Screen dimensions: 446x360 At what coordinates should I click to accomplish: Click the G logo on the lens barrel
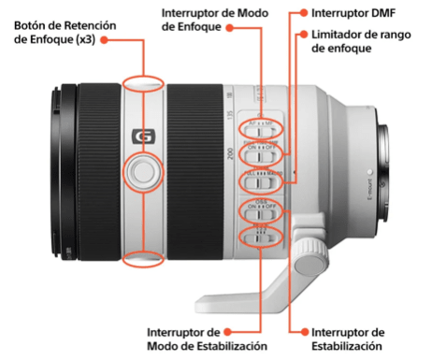[143, 136]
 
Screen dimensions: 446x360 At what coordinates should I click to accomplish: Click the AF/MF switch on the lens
[260, 125]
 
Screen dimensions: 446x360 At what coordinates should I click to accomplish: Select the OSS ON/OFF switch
[260, 208]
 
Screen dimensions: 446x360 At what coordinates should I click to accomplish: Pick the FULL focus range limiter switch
[260, 179]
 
